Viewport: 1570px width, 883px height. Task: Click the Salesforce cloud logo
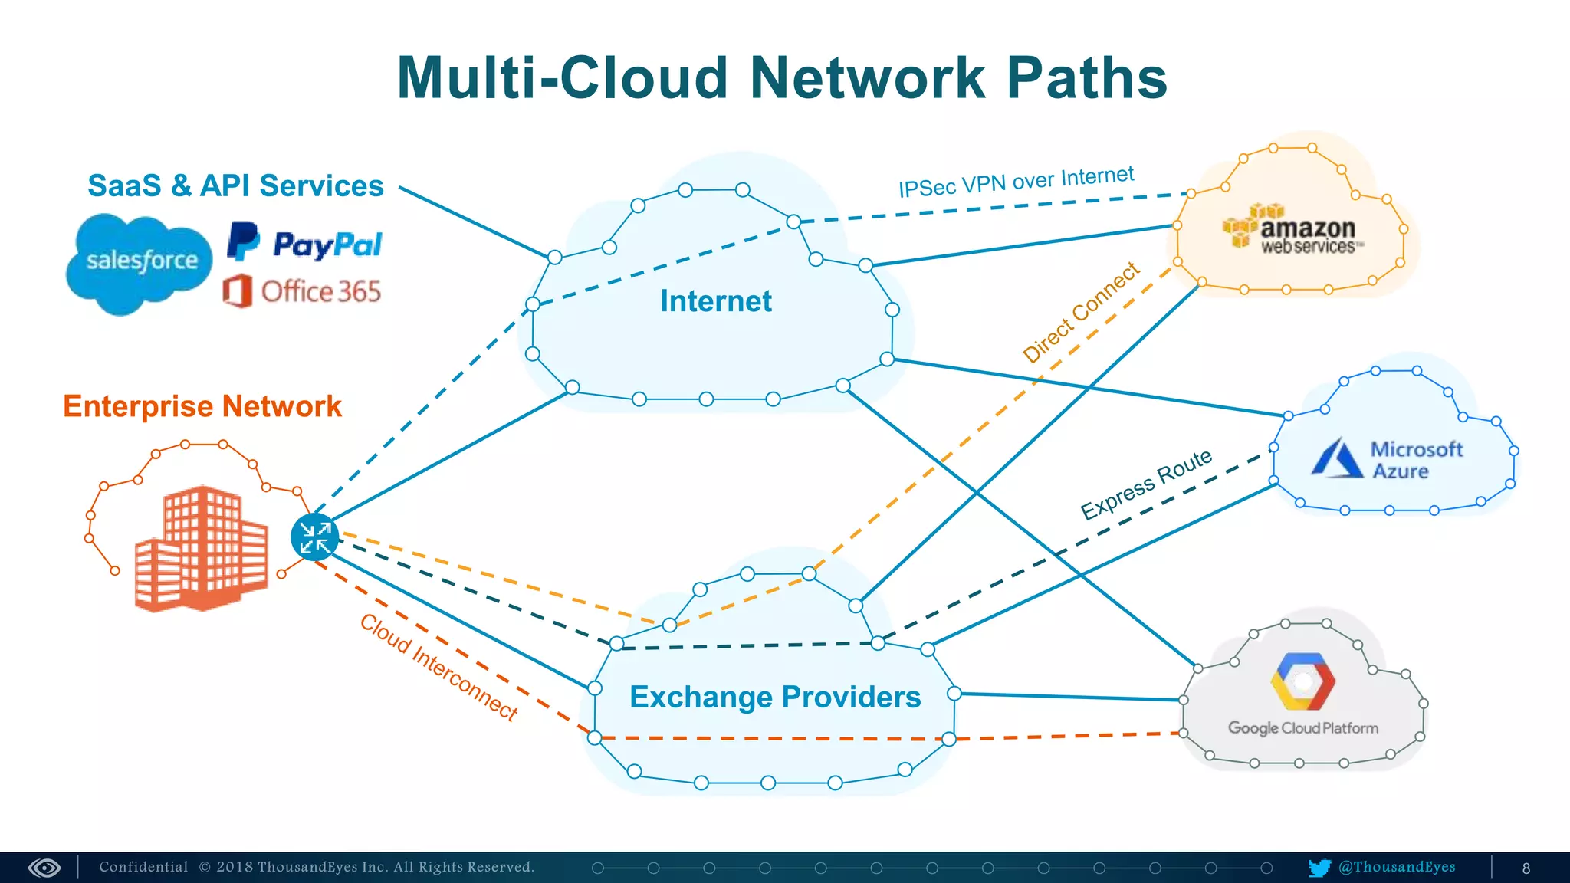[x=140, y=262]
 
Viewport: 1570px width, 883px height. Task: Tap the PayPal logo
[x=305, y=244]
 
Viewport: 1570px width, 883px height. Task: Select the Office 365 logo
[x=302, y=291]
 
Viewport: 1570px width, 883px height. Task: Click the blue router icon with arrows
[x=314, y=537]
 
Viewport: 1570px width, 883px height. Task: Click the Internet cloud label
[x=715, y=301]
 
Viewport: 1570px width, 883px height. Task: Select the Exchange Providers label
[x=774, y=697]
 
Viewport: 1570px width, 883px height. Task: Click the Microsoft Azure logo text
[x=1415, y=460]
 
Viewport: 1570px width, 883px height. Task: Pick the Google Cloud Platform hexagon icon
[x=1302, y=681]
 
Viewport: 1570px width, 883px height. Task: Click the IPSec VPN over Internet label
[x=1016, y=182]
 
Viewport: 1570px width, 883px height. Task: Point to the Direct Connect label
[x=1081, y=312]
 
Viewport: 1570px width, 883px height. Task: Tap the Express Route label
[x=1146, y=484]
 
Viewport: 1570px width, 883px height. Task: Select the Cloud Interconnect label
[x=439, y=667]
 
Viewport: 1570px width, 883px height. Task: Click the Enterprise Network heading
[x=202, y=406]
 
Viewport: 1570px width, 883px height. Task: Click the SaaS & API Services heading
[x=235, y=185]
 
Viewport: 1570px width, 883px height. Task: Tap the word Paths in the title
[x=1086, y=78]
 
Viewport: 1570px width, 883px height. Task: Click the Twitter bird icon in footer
[x=1319, y=868]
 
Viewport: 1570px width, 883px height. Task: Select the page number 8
[x=1526, y=868]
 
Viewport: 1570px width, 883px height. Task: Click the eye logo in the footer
[x=44, y=868]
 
